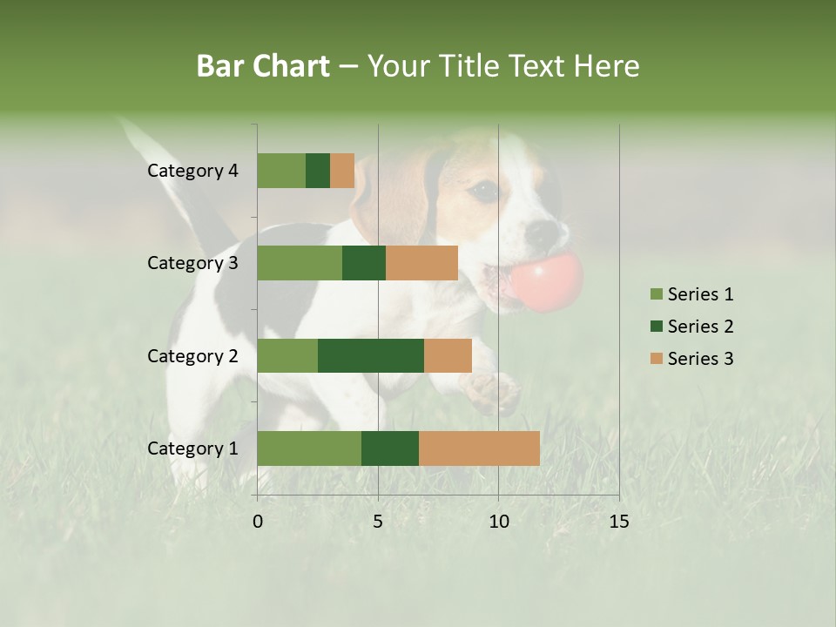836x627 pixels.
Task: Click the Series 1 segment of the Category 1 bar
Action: [309, 448]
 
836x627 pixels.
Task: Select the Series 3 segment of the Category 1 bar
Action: [479, 448]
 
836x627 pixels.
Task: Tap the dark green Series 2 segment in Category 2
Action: [371, 355]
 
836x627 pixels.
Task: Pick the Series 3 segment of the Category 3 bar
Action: [421, 263]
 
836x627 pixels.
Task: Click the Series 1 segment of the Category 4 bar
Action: [281, 171]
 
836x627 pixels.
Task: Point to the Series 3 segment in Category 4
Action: [342, 171]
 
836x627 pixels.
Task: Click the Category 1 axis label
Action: [192, 448]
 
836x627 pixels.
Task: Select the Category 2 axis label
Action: [192, 355]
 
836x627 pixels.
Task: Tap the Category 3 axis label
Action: [192, 263]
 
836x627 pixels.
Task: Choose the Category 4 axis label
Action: [192, 171]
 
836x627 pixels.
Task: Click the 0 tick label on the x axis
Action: [258, 521]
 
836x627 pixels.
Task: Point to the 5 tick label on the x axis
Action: [378, 521]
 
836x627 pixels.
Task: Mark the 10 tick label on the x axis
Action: [498, 521]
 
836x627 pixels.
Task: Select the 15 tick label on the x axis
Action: [618, 521]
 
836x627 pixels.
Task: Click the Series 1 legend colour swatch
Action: [656, 294]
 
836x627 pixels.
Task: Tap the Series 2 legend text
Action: [700, 327]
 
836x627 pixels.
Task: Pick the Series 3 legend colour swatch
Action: [656, 359]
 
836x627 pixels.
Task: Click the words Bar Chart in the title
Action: [263, 65]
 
